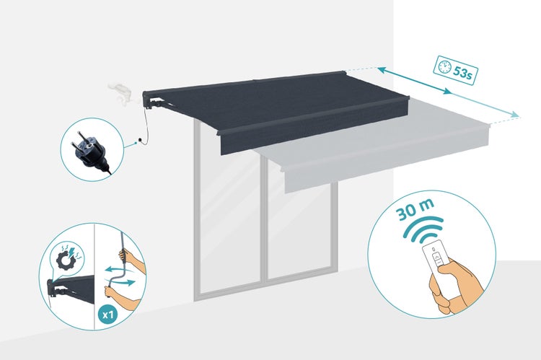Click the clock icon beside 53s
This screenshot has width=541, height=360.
pyautogui.click(x=444, y=66)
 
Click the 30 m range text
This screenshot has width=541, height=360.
pyautogui.click(x=415, y=209)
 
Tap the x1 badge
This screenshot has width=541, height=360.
pyautogui.click(x=108, y=315)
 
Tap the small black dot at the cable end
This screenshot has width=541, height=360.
pyautogui.click(x=140, y=140)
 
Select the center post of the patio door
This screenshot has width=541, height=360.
pyautogui.click(x=264, y=221)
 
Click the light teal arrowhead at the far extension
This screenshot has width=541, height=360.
pyautogui.click(x=515, y=114)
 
